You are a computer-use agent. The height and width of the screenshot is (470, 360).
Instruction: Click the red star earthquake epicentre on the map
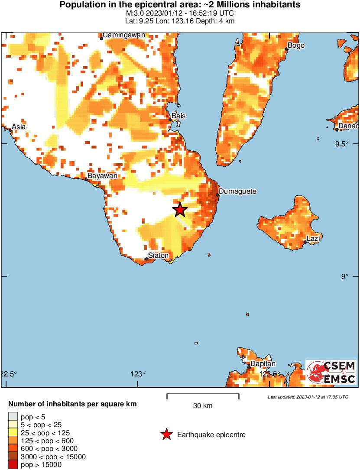[x=180, y=210]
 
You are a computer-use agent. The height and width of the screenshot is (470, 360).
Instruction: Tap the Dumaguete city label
[x=237, y=191]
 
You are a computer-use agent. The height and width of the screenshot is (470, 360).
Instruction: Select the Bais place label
[x=178, y=116]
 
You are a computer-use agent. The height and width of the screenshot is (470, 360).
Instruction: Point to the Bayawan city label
[x=102, y=176]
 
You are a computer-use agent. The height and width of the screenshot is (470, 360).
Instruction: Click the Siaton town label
[x=158, y=255]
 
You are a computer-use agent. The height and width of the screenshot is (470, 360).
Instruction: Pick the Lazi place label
[x=313, y=238]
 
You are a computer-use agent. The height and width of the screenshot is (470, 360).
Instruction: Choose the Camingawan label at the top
[x=123, y=35]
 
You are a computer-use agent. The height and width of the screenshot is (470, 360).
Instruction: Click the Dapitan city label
[x=263, y=364]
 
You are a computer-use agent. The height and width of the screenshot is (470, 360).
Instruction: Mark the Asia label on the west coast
[x=19, y=126]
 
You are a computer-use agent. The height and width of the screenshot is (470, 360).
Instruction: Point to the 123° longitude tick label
[x=138, y=374]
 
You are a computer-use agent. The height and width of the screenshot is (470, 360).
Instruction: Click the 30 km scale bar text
[x=203, y=406]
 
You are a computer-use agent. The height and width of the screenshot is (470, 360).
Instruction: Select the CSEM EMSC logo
[x=331, y=372]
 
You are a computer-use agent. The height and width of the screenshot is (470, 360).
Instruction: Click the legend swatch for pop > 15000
[x=13, y=464]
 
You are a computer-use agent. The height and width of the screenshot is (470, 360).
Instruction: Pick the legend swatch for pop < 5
[x=13, y=417]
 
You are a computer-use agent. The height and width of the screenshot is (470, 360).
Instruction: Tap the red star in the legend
[x=166, y=434]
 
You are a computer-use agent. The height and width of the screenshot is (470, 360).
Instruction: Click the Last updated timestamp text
[x=308, y=397]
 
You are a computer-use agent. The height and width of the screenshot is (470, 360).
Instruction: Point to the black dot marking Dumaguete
[x=218, y=195]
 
